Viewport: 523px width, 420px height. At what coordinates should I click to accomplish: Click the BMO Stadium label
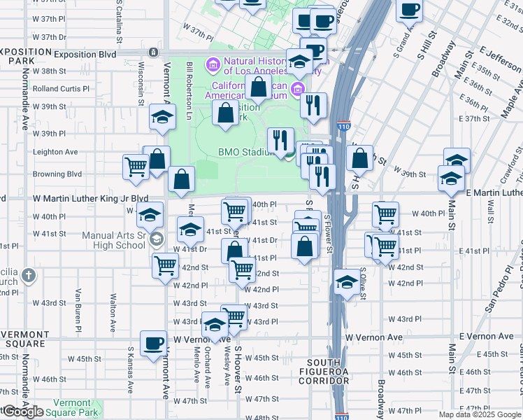[x=244, y=152]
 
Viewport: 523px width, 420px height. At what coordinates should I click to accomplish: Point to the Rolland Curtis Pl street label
[x=61, y=89]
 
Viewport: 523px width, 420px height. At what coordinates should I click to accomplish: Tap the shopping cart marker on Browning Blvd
[x=135, y=167]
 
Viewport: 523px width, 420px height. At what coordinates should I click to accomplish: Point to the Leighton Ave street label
[x=55, y=152]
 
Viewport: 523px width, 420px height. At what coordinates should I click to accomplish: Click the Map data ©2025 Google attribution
[x=479, y=414]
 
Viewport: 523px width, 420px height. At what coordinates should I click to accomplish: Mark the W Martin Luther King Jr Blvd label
[x=91, y=199]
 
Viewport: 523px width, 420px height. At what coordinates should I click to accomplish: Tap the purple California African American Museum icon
[x=299, y=89]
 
